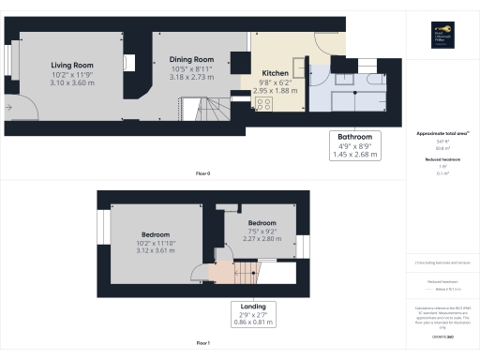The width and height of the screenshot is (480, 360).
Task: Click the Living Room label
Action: [x=72, y=66]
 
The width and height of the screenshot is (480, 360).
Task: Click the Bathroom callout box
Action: [x=354, y=146]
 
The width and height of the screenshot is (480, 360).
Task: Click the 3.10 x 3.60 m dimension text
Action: [x=72, y=84]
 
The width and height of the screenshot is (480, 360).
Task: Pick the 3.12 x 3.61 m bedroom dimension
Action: [x=156, y=252]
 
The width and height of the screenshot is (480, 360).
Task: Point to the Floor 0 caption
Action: [x=202, y=174]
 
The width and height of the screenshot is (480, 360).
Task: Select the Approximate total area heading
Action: [x=442, y=133]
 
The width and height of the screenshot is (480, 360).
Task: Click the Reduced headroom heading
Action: [x=442, y=159]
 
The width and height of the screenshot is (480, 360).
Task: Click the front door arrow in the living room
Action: [x=9, y=108]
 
